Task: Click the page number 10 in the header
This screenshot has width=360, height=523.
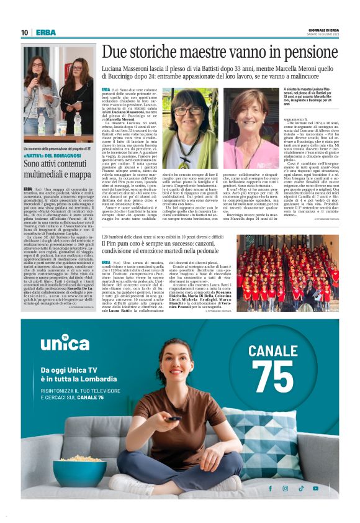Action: tap(24, 32)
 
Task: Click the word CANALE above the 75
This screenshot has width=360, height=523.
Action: tap(273, 351)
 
